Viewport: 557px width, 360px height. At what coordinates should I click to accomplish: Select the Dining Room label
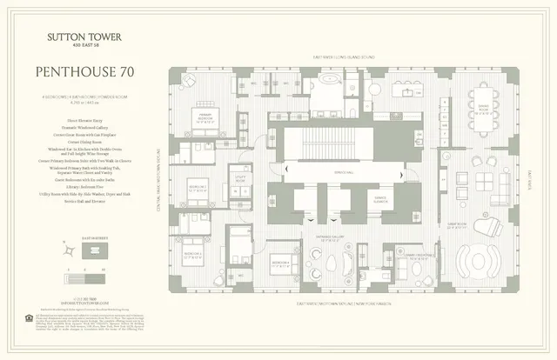pos(480,106)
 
